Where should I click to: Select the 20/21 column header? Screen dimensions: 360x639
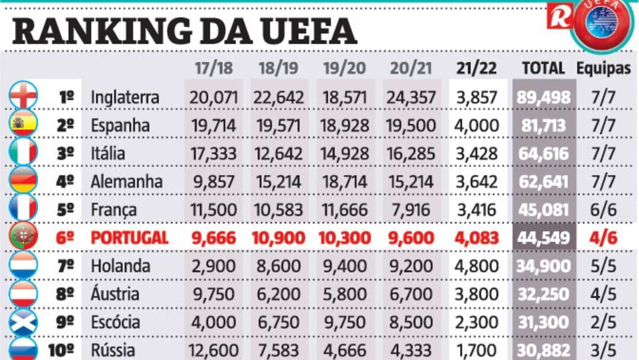coord(411,69)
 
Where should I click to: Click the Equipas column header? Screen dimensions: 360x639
coord(604,69)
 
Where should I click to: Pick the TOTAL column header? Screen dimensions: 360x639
coord(543,69)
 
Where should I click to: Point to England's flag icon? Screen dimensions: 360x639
coord(23,96)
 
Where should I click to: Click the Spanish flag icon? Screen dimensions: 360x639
coord(23,125)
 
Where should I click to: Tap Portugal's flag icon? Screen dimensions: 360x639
coord(23,237)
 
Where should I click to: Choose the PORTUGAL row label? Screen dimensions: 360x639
coord(129,238)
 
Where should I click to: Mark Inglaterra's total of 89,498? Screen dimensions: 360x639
coord(544,97)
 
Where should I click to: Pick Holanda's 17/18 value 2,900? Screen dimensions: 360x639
coord(212,266)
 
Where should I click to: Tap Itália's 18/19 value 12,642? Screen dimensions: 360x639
coord(278,153)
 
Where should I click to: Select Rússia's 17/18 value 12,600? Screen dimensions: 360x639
coord(212,350)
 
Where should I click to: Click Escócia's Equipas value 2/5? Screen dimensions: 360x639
coord(604,322)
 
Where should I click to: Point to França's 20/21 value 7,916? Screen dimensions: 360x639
coord(411,210)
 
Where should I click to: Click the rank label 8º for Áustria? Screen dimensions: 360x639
coord(65,294)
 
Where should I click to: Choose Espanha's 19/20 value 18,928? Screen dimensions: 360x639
coord(345,126)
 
